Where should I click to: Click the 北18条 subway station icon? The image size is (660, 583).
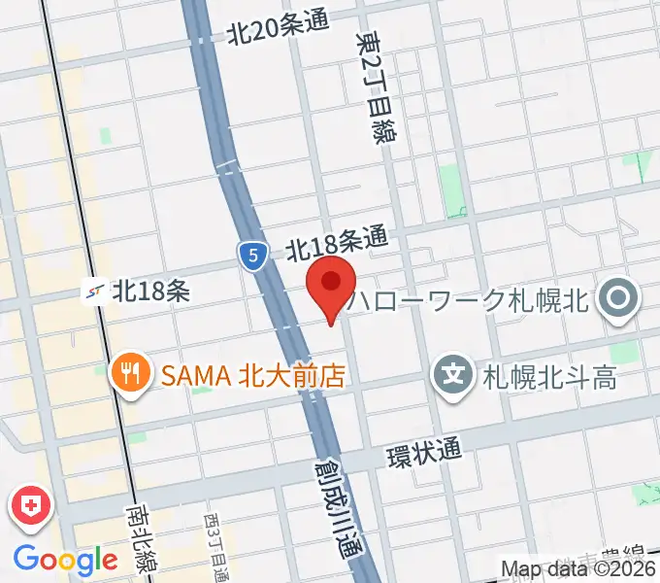(x=96, y=290)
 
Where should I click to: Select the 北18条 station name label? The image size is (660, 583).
(x=150, y=290)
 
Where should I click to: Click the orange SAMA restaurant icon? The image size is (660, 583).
(x=128, y=374)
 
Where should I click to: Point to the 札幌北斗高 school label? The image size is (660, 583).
(x=549, y=375)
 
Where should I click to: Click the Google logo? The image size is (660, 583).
(x=65, y=559)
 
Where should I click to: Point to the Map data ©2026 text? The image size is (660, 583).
(x=578, y=569)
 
